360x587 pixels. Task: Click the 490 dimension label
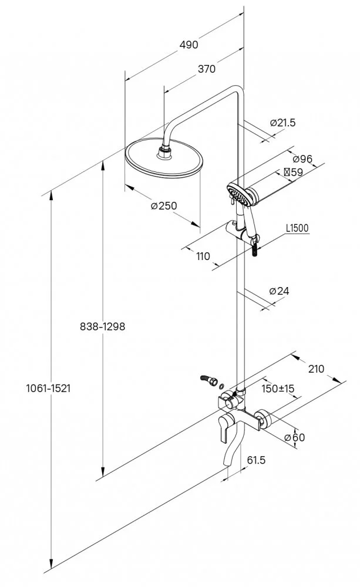click(189, 45)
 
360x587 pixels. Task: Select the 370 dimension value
click(206, 69)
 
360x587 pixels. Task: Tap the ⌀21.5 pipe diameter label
click(282, 123)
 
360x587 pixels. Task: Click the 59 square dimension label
click(293, 173)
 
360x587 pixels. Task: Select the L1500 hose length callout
click(297, 228)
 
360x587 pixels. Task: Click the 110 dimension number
click(203, 256)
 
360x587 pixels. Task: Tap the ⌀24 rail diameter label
click(279, 291)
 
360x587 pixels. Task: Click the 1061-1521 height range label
click(49, 389)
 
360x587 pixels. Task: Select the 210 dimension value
click(316, 369)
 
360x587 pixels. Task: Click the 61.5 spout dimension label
click(257, 460)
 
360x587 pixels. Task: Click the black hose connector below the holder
click(254, 249)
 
